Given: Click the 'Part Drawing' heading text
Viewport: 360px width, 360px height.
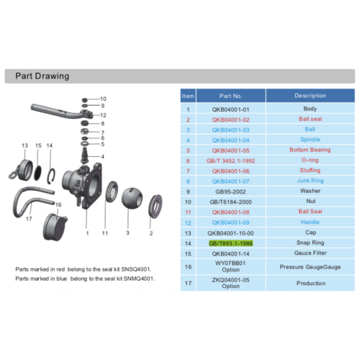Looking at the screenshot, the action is pyautogui.click(x=42, y=76).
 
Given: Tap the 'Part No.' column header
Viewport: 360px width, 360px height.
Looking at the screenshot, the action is pyautogui.click(x=230, y=96).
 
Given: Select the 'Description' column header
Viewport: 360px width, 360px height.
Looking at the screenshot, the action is pyautogui.click(x=310, y=96).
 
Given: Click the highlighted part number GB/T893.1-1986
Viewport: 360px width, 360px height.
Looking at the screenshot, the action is pyautogui.click(x=230, y=243).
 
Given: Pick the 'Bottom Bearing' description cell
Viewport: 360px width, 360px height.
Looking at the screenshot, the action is pyautogui.click(x=310, y=150).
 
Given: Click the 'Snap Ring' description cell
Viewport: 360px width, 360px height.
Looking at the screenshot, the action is pyautogui.click(x=310, y=243).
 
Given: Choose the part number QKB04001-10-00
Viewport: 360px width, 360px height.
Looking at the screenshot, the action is pyautogui.click(x=230, y=233).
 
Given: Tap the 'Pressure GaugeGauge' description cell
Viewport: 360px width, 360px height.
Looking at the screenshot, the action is pyautogui.click(x=310, y=267).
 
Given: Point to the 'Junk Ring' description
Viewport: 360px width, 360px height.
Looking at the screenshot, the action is pyautogui.click(x=310, y=181).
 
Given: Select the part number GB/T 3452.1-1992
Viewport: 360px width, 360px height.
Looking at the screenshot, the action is pyautogui.click(x=230, y=161).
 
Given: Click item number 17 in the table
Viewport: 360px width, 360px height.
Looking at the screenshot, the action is pyautogui.click(x=188, y=283).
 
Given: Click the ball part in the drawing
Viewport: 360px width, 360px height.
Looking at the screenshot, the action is pyautogui.click(x=132, y=198).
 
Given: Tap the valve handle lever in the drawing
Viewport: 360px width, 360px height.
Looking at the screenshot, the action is pyautogui.click(x=61, y=112).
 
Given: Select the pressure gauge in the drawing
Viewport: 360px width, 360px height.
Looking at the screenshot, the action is pyautogui.click(x=55, y=227).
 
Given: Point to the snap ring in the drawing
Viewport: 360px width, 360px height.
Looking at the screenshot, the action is pyautogui.click(x=52, y=176).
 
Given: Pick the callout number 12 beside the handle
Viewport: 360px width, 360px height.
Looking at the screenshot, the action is pyautogui.click(x=103, y=115).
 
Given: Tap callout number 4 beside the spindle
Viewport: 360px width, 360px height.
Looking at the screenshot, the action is pyautogui.click(x=103, y=157).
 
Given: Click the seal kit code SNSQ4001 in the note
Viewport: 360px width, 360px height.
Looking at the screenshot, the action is pyautogui.click(x=136, y=269).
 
